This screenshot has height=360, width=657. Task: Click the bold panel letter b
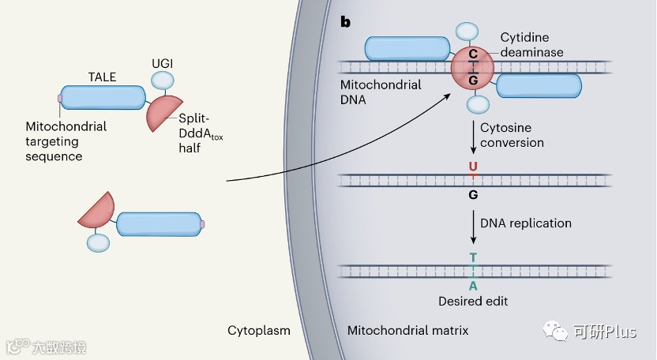345,22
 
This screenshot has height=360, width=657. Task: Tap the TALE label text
102,77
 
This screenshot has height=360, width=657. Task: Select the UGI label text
162,63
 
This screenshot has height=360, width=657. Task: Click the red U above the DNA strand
473,167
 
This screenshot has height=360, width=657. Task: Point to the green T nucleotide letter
473,257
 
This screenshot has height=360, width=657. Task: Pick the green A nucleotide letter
473,286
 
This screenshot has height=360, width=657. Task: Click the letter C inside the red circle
473,54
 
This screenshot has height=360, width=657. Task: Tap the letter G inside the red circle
473,80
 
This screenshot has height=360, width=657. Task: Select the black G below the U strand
473,194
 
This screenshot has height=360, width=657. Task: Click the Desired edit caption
473,302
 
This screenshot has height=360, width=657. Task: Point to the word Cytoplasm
259,331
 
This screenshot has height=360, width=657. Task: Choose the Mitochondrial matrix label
407,331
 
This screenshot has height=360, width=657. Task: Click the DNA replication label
526,223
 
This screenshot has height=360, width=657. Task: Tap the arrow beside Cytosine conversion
474,137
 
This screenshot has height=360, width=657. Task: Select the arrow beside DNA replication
474,227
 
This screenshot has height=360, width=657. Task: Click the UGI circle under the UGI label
162,80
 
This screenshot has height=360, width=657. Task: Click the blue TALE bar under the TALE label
103,98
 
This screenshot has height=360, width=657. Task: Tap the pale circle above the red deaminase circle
467,32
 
